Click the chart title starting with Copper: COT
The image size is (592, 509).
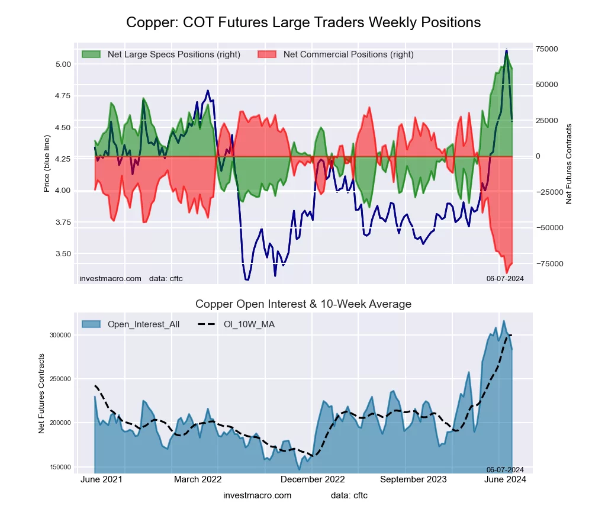click(303, 22)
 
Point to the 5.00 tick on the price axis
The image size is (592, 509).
click(63, 64)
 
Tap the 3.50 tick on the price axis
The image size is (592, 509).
click(63, 253)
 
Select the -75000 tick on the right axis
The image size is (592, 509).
click(545, 263)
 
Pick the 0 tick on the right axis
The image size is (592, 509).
click(538, 156)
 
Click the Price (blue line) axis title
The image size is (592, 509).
click(47, 164)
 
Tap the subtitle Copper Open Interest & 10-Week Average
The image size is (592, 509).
click(303, 304)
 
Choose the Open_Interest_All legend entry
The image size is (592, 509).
click(143, 324)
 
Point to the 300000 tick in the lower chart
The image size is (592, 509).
click(59, 335)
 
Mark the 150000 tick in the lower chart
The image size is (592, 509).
click(59, 467)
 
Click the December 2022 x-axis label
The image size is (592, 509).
click(313, 479)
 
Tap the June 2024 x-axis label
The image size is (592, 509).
click(506, 479)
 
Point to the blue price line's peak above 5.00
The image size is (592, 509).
click(506, 50)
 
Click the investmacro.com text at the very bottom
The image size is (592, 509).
click(258, 495)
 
